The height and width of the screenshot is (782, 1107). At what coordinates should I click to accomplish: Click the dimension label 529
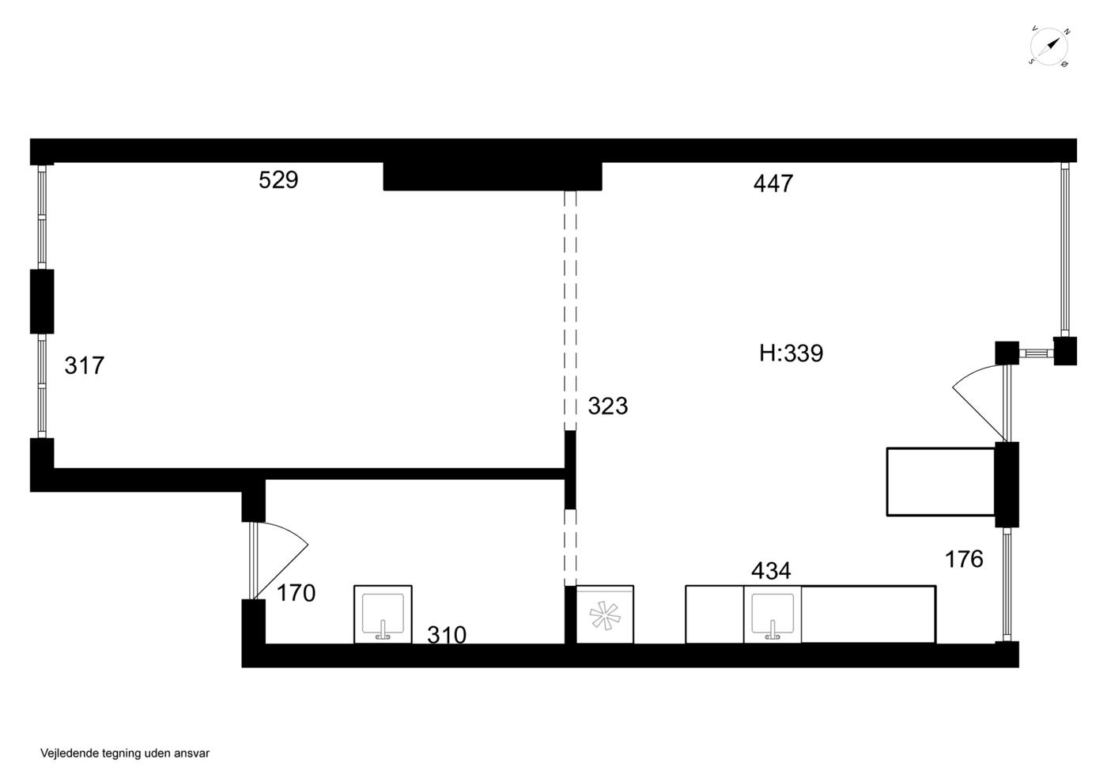click(x=278, y=180)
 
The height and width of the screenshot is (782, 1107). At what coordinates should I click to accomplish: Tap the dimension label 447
click(x=773, y=184)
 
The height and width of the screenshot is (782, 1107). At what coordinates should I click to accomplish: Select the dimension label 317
click(x=84, y=366)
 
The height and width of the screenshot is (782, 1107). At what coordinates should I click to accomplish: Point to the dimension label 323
click(x=608, y=406)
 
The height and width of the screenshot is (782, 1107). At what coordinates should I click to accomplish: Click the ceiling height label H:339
click(x=792, y=353)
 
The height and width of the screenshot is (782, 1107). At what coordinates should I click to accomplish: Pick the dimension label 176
click(x=964, y=560)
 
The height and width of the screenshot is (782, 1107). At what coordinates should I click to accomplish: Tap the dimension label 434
click(x=771, y=571)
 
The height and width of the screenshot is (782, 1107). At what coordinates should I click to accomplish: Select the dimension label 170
click(x=296, y=593)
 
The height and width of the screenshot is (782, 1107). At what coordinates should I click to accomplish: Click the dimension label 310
click(x=447, y=635)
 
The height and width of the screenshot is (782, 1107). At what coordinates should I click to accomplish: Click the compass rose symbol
click(x=1048, y=47)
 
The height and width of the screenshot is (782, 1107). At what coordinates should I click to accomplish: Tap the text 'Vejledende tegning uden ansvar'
click(x=125, y=754)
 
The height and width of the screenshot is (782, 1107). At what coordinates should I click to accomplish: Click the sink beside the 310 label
click(x=383, y=614)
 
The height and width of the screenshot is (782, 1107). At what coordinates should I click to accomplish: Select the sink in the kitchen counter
click(x=773, y=614)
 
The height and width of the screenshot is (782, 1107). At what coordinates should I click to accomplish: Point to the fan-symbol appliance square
click(x=605, y=614)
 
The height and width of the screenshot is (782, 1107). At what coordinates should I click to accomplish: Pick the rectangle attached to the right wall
click(x=941, y=482)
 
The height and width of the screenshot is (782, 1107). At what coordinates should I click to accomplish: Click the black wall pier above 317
click(x=42, y=301)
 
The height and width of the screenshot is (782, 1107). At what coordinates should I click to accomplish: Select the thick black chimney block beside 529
click(x=493, y=176)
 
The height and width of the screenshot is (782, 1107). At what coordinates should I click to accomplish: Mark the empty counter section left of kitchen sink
click(x=715, y=614)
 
